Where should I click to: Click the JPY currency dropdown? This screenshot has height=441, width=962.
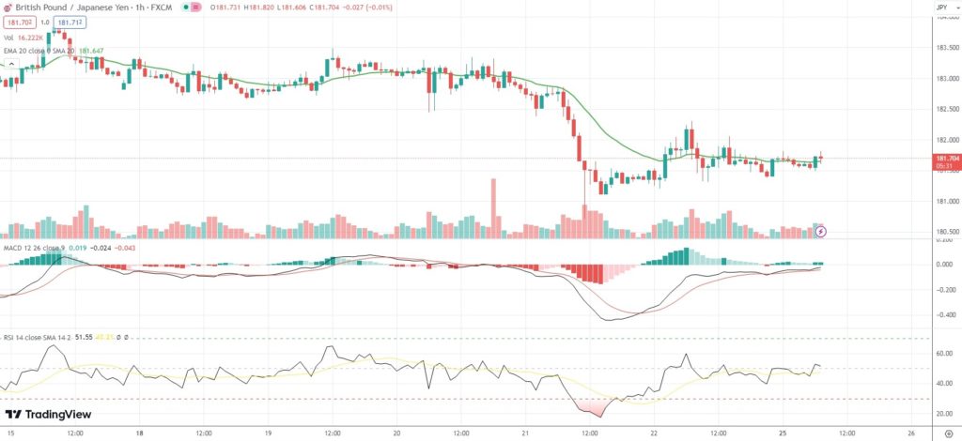942,8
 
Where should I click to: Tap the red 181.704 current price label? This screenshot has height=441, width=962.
946,160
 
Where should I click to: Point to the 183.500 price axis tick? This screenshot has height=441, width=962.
946,48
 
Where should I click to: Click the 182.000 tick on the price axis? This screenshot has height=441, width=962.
946,141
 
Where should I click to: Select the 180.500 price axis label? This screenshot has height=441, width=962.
946,232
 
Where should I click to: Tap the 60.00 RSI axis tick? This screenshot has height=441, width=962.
946,354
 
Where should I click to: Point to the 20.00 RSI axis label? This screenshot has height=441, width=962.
946,413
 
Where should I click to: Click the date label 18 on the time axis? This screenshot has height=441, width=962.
139,433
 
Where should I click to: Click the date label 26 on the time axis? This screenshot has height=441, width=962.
912,433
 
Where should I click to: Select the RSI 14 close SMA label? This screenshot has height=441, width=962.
38,334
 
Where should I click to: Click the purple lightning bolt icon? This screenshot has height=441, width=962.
819,231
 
